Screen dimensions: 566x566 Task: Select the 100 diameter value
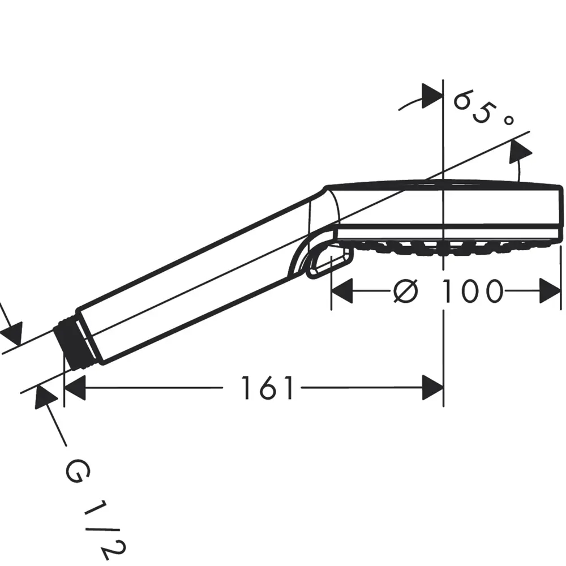(x=472, y=291)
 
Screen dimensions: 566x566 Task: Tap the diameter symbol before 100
(x=406, y=291)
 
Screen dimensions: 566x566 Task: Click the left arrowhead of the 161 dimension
(x=74, y=388)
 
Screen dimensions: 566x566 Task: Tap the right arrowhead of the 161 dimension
(x=433, y=388)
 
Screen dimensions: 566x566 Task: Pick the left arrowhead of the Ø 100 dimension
(x=342, y=291)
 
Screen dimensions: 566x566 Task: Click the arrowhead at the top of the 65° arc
(x=432, y=96)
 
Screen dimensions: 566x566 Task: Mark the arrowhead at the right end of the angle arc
(x=519, y=152)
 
